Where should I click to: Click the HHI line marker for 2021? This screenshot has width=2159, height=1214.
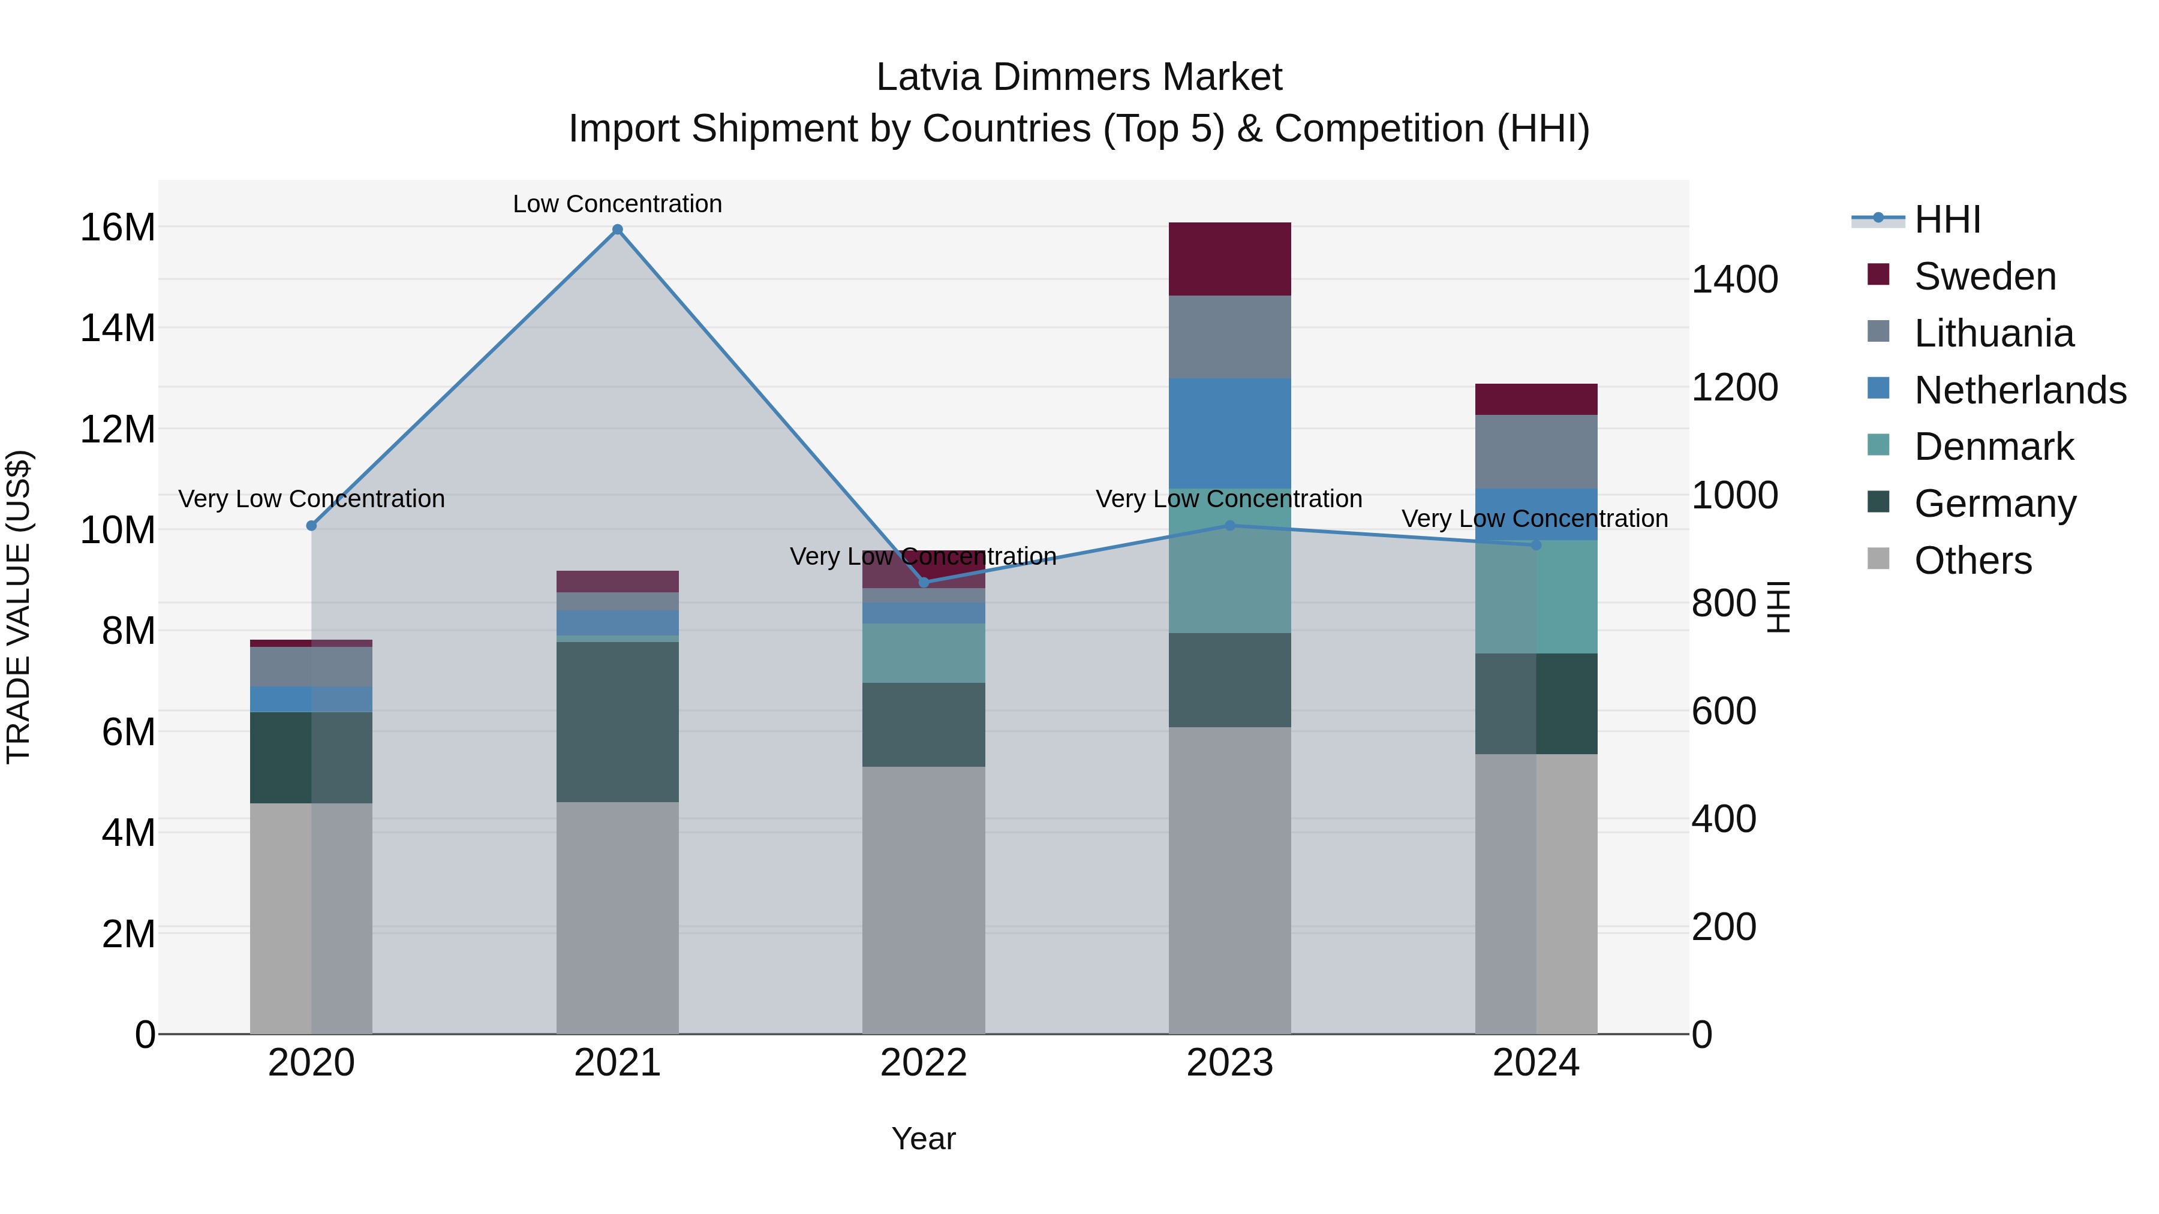pyautogui.click(x=617, y=230)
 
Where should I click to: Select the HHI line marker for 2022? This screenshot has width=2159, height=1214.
pyautogui.click(x=924, y=582)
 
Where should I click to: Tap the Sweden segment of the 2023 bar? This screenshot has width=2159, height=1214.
pyautogui.click(x=1229, y=259)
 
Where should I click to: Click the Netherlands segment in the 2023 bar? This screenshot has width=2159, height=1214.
pyautogui.click(x=1229, y=433)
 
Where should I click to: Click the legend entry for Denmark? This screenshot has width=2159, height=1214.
pyautogui.click(x=1993, y=447)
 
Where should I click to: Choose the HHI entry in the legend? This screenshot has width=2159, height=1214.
pyautogui.click(x=1947, y=219)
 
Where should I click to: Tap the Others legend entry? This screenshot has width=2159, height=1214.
pyautogui.click(x=1972, y=561)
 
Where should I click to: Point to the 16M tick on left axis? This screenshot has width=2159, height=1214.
pyautogui.click(x=118, y=227)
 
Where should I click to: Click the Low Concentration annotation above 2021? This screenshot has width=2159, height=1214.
pyautogui.click(x=617, y=204)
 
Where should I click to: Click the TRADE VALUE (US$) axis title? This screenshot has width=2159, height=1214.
pyautogui.click(x=19, y=607)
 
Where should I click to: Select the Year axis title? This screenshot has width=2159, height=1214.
pyautogui.click(x=923, y=1138)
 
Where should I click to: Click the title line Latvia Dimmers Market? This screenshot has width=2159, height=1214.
pyautogui.click(x=1079, y=77)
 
